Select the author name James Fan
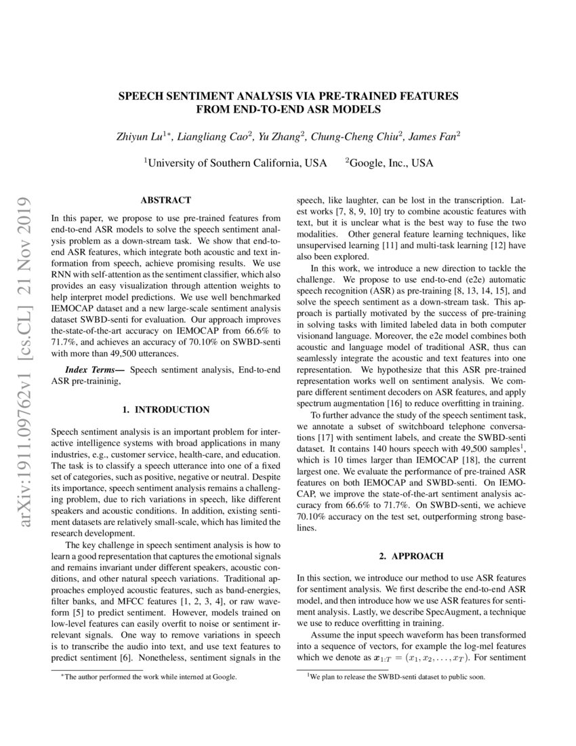(434, 136)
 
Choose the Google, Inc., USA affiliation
(390, 163)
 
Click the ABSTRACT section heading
(165, 201)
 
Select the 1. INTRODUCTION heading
(165, 410)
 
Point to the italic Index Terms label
(94, 370)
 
